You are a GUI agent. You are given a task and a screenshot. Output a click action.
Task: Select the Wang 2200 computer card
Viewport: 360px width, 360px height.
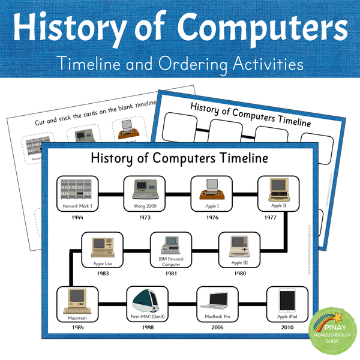pyautogui.click(x=143, y=194)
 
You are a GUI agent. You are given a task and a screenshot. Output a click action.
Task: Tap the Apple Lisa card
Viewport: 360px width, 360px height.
pyautogui.click(x=102, y=250)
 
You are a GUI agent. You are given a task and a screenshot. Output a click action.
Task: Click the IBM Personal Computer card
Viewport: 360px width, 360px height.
pyautogui.click(x=170, y=250)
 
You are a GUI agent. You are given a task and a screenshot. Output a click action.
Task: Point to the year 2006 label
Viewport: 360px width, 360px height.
pyautogui.click(x=217, y=328)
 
